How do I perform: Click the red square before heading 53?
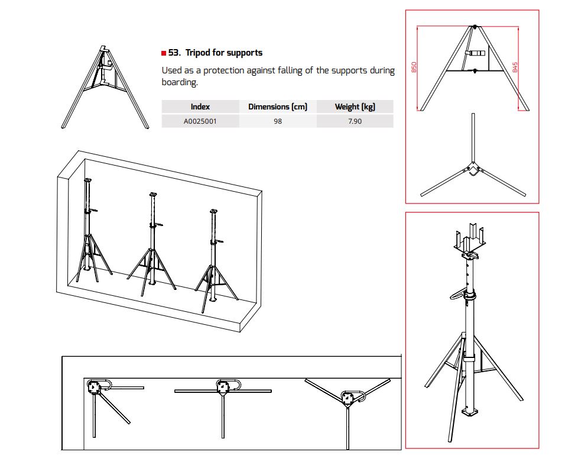pyautogui.click(x=164, y=53)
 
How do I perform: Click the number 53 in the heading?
pyautogui.click(x=174, y=53)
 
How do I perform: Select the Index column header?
pyautogui.click(x=200, y=107)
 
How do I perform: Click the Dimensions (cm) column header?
pyautogui.click(x=278, y=107)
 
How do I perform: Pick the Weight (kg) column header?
pyautogui.click(x=355, y=107)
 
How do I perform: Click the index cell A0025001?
pyautogui.click(x=200, y=121)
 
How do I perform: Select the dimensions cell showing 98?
pyautogui.click(x=278, y=121)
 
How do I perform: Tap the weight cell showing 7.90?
pyautogui.click(x=355, y=121)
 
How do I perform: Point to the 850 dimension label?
pyautogui.click(x=414, y=67)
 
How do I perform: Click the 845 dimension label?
pyautogui.click(x=515, y=67)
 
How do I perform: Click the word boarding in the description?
pyautogui.click(x=180, y=82)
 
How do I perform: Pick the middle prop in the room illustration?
pyautogui.click(x=152, y=244)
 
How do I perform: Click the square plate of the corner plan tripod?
pyautogui.click(x=93, y=387)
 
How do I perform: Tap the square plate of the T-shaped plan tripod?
pyautogui.click(x=223, y=387)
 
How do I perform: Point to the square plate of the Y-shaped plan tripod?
pyautogui.click(x=348, y=398)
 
